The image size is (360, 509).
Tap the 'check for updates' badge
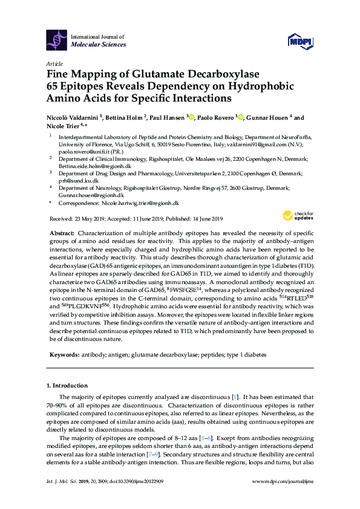[296, 216]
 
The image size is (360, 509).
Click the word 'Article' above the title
[54, 63]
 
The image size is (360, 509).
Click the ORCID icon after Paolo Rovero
[240, 117]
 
